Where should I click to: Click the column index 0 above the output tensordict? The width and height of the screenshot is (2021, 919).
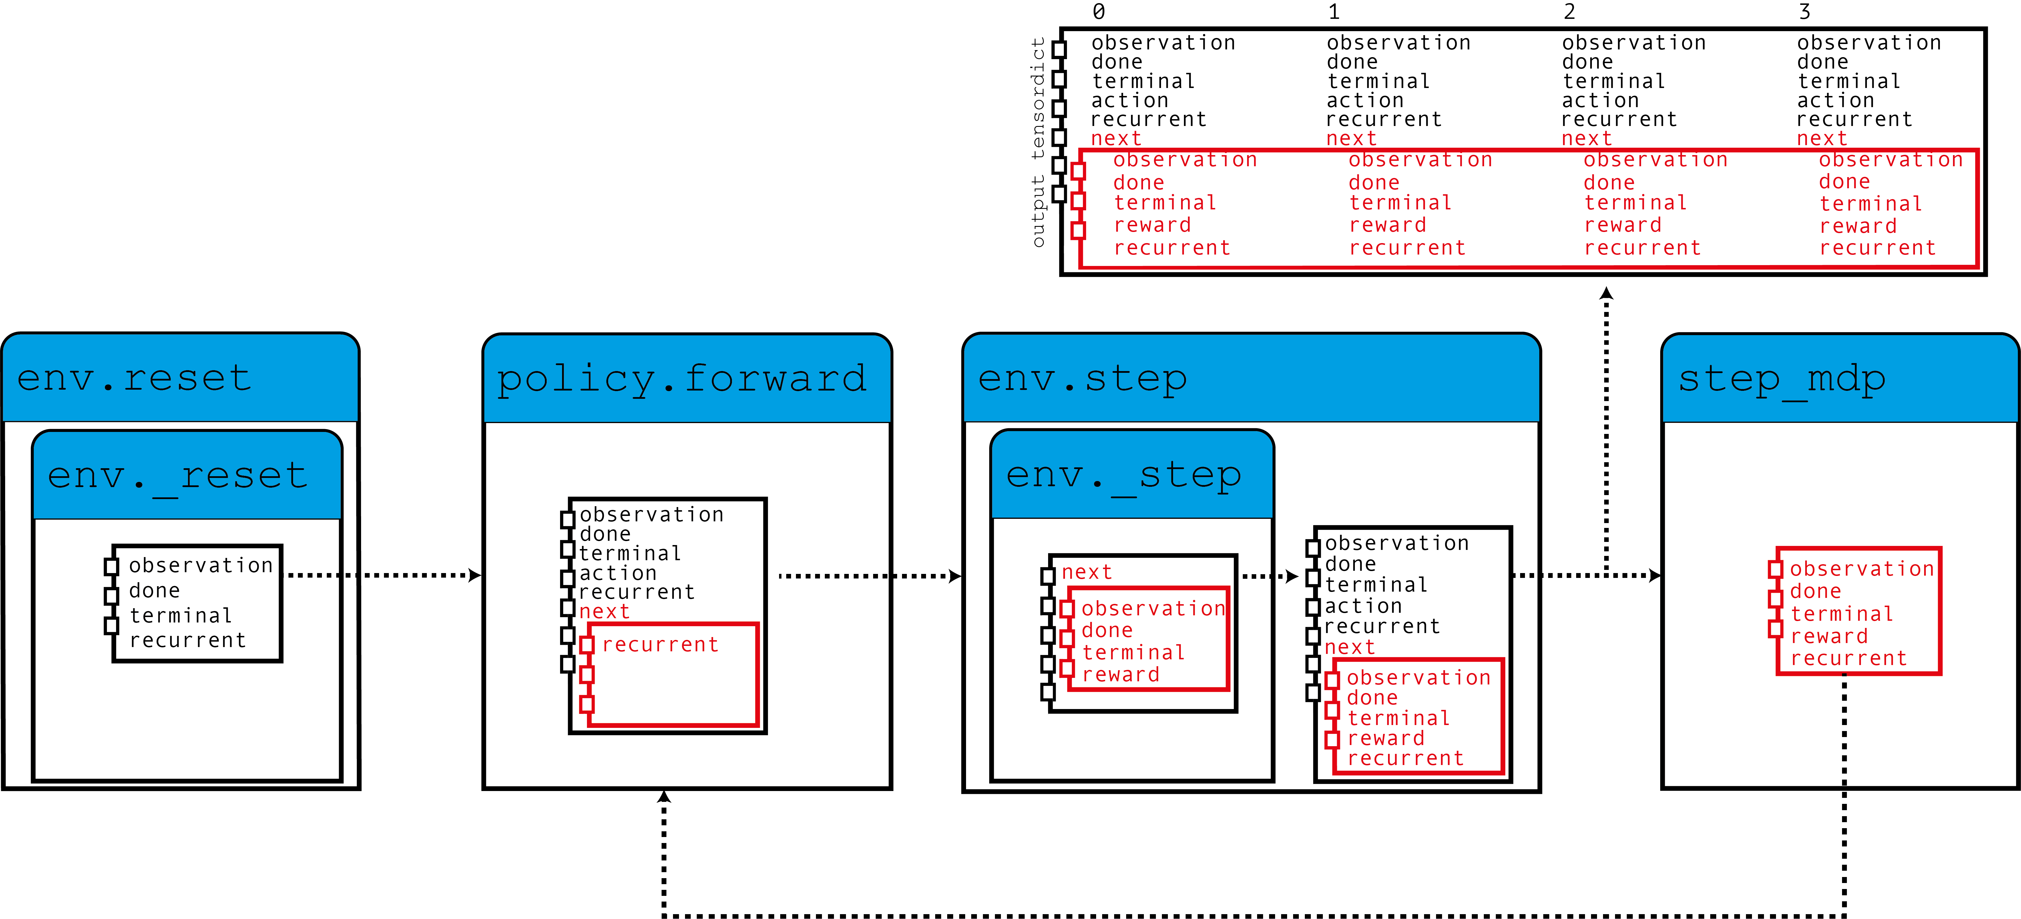(1098, 12)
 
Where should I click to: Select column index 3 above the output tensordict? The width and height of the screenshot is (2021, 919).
(1805, 12)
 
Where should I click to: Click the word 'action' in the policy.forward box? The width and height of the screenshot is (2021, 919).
(618, 573)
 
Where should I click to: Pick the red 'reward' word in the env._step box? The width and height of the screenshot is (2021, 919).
(1120, 674)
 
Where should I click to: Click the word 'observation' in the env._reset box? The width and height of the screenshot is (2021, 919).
(201, 565)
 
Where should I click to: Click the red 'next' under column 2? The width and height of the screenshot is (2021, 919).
(1586, 139)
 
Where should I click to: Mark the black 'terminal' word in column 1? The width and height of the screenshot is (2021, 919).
(1379, 81)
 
